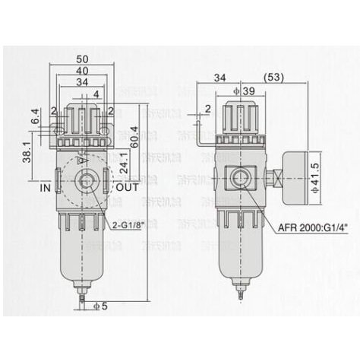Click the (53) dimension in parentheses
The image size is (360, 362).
click(273, 77)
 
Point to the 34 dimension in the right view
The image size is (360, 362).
click(221, 77)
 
